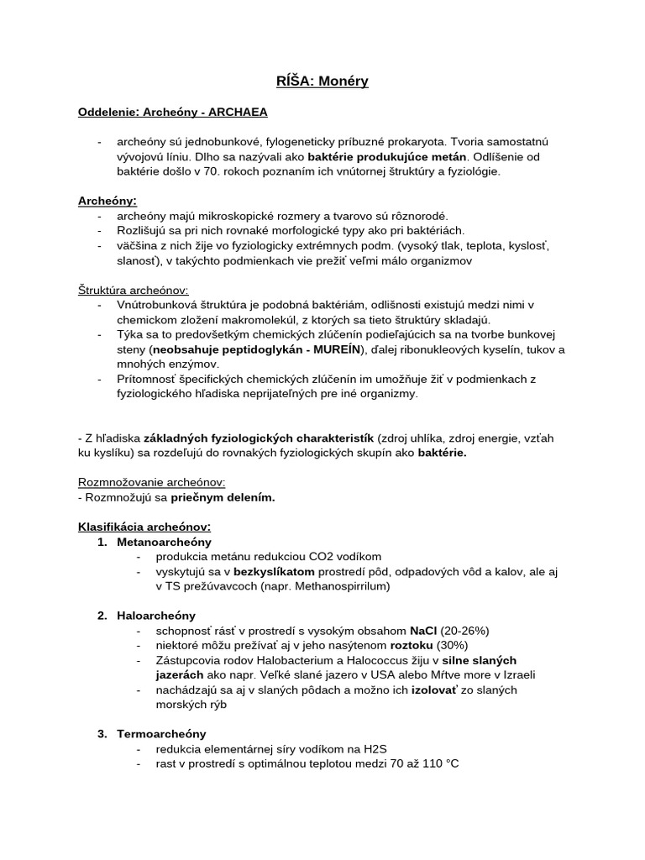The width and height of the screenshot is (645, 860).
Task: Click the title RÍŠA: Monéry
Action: click(x=322, y=81)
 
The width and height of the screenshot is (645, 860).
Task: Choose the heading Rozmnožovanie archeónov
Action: click(x=151, y=482)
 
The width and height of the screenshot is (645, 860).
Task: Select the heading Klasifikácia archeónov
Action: click(x=144, y=527)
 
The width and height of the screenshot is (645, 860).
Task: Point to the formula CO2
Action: click(x=300, y=556)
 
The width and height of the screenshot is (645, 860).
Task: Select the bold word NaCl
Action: click(x=422, y=630)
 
